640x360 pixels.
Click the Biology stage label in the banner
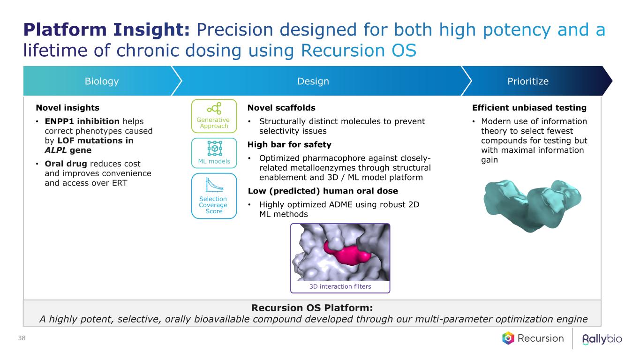tap(101, 82)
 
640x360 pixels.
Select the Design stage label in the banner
tap(313, 82)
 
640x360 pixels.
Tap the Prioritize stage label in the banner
tap(528, 82)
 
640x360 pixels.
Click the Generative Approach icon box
tap(214, 116)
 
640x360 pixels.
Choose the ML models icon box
tap(214, 153)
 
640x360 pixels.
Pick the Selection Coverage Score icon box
tap(214, 196)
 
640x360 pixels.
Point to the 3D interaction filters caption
tap(340, 286)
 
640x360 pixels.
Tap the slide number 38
tap(22, 338)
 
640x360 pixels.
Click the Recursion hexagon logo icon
tap(508, 338)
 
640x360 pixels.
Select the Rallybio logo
tap(602, 339)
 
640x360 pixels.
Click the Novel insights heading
tap(68, 108)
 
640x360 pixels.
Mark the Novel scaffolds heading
tap(281, 108)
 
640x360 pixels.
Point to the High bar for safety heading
tap(289, 144)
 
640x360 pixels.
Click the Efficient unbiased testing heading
tap(529, 108)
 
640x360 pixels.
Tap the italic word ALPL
tap(55, 150)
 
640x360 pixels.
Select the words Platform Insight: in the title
tap(106, 30)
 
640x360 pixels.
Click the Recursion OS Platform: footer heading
tap(312, 307)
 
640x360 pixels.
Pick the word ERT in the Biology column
tap(120, 183)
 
